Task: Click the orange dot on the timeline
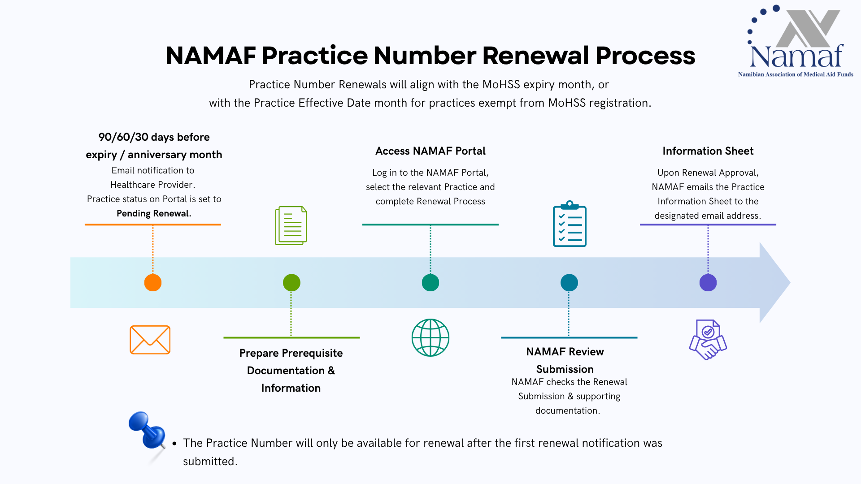pos(153,283)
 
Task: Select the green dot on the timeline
pos(291,283)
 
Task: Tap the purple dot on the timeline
pos(708,283)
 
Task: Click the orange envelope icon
pos(150,340)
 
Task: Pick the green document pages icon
pos(291,225)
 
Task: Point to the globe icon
pos(430,337)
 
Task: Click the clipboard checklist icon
pos(570,224)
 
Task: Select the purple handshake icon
pos(708,339)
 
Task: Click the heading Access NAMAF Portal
pos(430,151)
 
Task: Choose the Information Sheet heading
pos(708,151)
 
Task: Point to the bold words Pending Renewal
pos(154,213)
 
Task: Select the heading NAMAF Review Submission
pos(565,360)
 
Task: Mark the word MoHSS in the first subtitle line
pos(501,85)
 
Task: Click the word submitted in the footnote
pos(209,462)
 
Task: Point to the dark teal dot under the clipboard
pos(569,283)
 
